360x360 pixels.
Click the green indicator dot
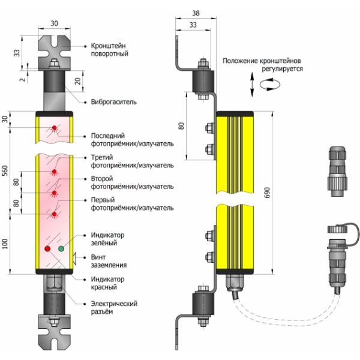(x=61, y=248)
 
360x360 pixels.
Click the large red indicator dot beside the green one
(x=47, y=248)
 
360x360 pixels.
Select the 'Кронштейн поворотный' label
(x=112, y=49)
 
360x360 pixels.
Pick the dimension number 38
(x=196, y=12)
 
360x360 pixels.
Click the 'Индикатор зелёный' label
(x=107, y=239)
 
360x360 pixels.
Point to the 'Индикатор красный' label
(x=107, y=283)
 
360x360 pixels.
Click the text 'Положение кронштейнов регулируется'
(x=262, y=65)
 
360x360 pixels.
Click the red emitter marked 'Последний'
(x=55, y=128)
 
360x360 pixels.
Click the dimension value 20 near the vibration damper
(x=77, y=80)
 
